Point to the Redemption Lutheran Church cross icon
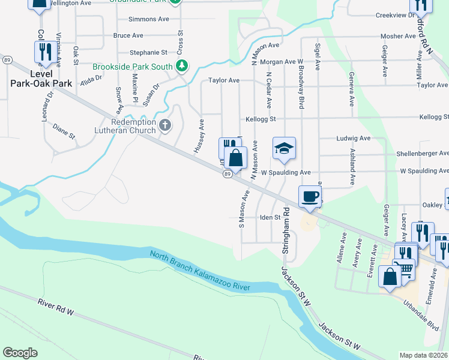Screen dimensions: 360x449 click(165, 126)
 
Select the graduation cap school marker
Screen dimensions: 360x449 click(285, 148)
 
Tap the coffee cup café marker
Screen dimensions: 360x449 click(310, 196)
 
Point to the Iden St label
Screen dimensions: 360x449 click(270, 217)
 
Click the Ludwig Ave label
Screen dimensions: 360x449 click(353, 138)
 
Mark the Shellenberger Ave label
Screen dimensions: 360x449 click(422, 154)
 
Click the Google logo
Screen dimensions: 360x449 click(20, 353)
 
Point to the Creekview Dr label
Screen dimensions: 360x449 click(396, 15)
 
